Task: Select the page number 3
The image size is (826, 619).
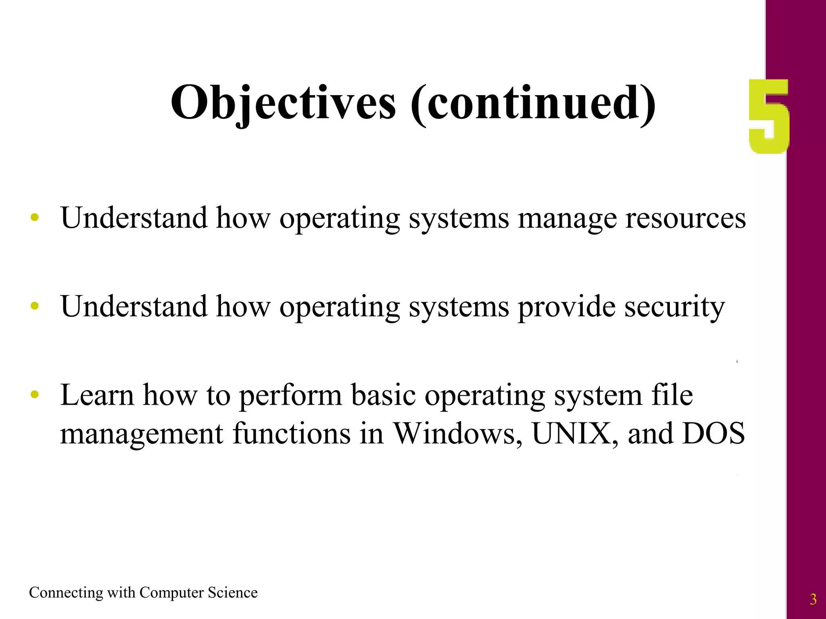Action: tap(813, 600)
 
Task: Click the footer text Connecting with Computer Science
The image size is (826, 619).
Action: tap(143, 593)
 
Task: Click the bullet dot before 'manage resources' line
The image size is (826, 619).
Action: tap(35, 218)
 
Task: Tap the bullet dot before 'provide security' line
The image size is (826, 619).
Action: tap(35, 306)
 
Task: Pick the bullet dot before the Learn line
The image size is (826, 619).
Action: tap(35, 395)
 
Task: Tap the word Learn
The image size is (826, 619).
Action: tap(97, 395)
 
